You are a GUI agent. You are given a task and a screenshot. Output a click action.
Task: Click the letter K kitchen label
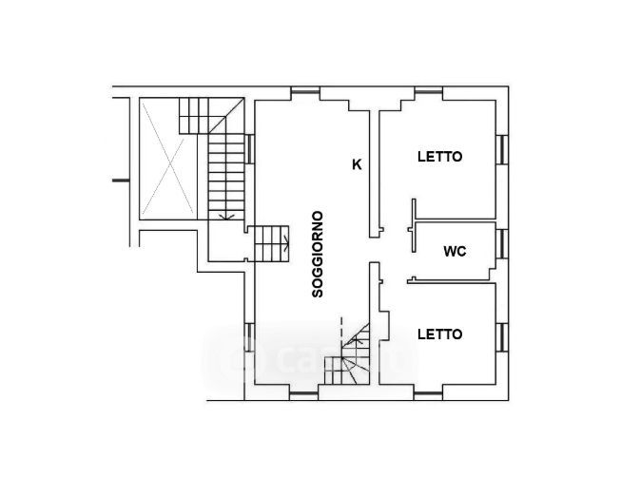pyautogui.click(x=357, y=163)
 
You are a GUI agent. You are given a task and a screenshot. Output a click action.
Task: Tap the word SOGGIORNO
pyautogui.click(x=318, y=254)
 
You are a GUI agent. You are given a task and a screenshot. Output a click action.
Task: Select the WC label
pyautogui.click(x=455, y=251)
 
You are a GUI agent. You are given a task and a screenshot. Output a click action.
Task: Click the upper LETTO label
pyautogui.click(x=439, y=157)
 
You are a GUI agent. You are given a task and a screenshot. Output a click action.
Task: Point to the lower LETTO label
pyautogui.click(x=439, y=334)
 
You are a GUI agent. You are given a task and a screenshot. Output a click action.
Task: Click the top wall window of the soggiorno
pyautogui.click(x=305, y=92)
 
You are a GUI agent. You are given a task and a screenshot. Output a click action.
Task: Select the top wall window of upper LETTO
pyautogui.click(x=429, y=92)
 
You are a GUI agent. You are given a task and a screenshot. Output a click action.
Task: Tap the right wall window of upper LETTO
pyautogui.click(x=502, y=149)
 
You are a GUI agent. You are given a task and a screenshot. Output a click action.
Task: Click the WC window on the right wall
pyautogui.click(x=502, y=244)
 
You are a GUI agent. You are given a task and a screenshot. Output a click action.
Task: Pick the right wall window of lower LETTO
pyautogui.click(x=502, y=337)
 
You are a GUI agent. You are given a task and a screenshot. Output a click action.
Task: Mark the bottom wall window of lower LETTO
pyautogui.click(x=428, y=395)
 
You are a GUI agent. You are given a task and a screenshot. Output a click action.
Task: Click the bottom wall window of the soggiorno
pyautogui.click(x=303, y=395)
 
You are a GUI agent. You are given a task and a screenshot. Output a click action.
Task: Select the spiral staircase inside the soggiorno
pyautogui.click(x=347, y=353)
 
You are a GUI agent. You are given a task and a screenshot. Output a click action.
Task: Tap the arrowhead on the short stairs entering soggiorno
pyautogui.click(x=287, y=243)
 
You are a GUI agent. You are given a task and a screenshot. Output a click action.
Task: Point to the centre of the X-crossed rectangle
pyautogui.click(x=169, y=158)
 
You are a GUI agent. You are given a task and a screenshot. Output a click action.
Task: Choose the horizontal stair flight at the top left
pyautogui.click(x=193, y=116)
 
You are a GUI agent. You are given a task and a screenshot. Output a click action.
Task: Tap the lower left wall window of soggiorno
pyautogui.click(x=249, y=337)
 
